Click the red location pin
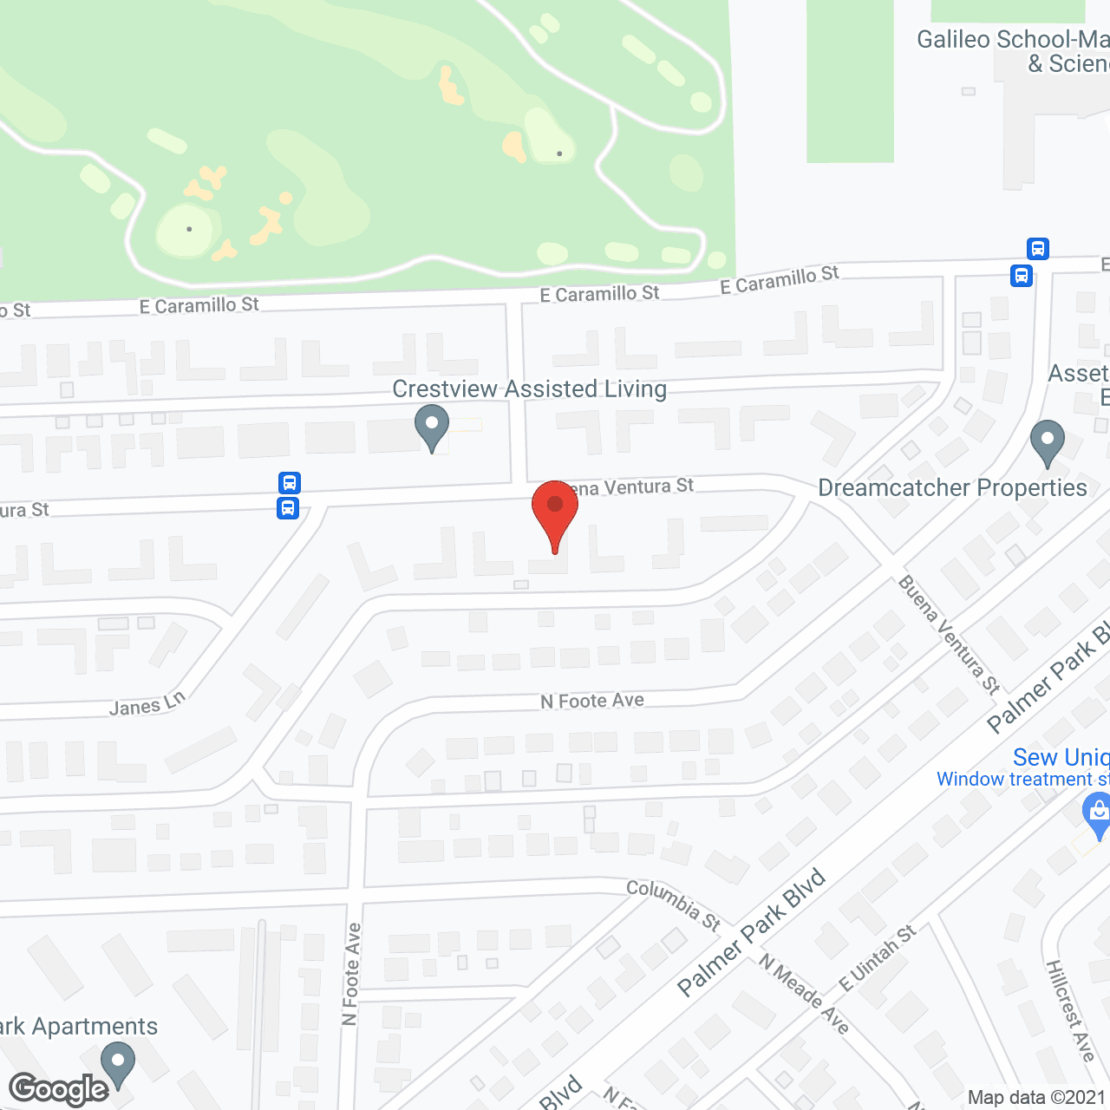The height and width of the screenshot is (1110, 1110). tap(555, 512)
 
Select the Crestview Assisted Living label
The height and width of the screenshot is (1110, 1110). tap(529, 389)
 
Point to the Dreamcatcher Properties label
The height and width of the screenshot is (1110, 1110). tap(952, 488)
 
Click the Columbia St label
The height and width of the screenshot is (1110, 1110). tap(674, 905)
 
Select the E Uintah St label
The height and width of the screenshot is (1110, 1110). tap(878, 958)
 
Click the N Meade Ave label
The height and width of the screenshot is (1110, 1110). tap(804, 993)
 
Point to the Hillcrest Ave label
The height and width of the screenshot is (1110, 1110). tap(1070, 1010)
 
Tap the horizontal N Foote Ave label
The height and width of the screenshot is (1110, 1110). tap(592, 701)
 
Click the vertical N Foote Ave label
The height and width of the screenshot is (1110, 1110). tap(351, 974)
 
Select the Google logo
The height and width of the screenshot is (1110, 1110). tap(59, 1089)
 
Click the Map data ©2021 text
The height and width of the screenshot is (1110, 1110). tap(1036, 1098)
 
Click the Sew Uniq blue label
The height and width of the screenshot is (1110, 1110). tap(1061, 758)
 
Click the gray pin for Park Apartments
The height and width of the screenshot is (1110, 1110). tap(118, 1064)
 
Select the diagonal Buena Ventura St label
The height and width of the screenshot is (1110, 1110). tap(949, 635)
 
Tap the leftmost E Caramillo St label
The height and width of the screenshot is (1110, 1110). tap(199, 305)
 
